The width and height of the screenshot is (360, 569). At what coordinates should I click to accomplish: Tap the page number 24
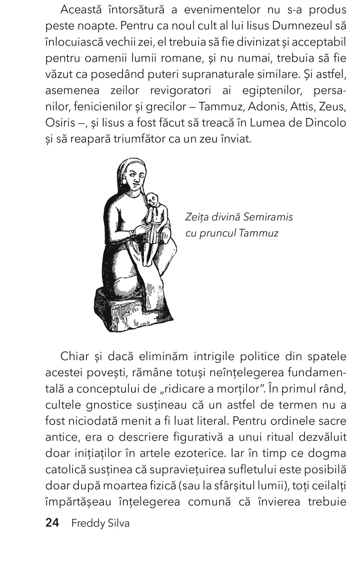click(x=53, y=523)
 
